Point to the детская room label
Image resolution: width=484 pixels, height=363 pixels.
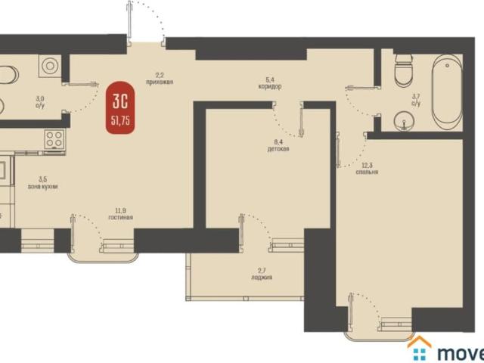[278, 149]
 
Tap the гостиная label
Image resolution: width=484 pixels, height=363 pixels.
[120, 218]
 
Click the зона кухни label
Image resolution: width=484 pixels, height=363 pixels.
[42, 186]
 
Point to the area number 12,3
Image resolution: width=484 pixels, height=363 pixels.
[367, 165]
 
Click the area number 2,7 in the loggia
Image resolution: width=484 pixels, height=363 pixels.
[261, 270]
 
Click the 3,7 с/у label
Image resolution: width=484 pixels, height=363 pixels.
[415, 99]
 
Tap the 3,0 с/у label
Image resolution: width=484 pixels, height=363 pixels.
[40, 101]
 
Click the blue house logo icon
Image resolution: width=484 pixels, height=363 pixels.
[419, 350]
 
